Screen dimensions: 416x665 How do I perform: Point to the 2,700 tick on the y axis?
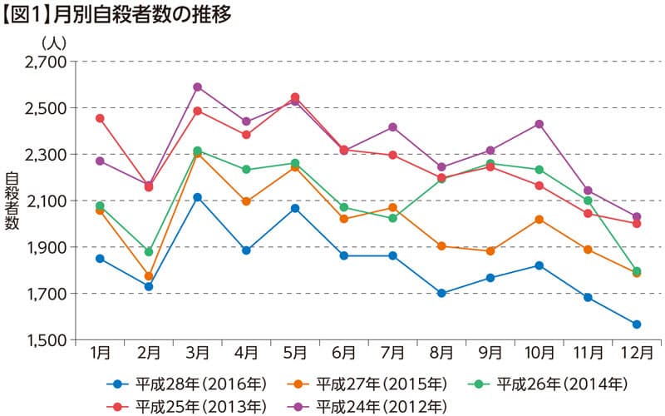(x=46, y=62)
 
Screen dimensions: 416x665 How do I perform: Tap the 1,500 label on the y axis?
(x=46, y=340)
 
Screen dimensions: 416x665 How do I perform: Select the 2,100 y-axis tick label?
(x=46, y=201)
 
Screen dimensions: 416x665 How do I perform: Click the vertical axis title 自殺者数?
(x=12, y=201)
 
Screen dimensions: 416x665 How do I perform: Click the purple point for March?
(x=198, y=87)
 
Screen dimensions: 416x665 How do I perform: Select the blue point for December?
(x=637, y=324)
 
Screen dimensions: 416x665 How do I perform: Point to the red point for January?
(x=100, y=118)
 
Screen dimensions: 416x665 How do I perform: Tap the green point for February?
(x=149, y=251)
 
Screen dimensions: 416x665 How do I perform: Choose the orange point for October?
(x=539, y=219)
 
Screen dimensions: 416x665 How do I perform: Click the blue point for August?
(x=441, y=293)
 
